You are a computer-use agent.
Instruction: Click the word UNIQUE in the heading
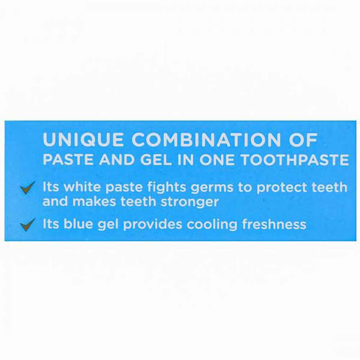click(x=83, y=140)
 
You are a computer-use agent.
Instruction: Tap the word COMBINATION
click(x=206, y=140)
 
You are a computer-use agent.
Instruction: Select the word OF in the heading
click(x=303, y=140)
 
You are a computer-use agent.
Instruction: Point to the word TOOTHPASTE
click(x=295, y=160)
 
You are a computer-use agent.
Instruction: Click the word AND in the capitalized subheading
click(x=117, y=160)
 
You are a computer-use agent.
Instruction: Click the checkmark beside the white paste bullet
click(x=28, y=188)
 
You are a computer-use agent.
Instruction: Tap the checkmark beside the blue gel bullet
click(x=28, y=224)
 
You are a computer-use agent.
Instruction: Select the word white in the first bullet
click(x=82, y=187)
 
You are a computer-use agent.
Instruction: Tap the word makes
click(x=94, y=201)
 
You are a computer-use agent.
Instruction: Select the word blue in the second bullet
click(x=78, y=224)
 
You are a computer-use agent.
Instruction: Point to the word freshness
click(x=274, y=224)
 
